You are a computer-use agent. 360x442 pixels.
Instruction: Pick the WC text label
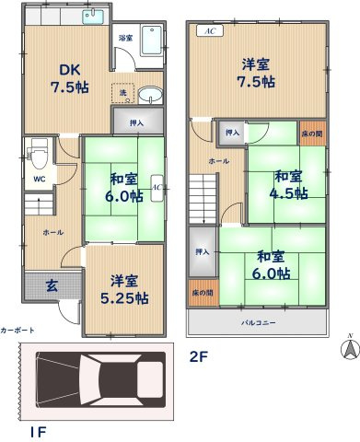point(40,179)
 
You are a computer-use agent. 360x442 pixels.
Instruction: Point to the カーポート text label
point(18,329)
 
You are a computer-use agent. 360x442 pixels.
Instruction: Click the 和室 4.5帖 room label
point(286,183)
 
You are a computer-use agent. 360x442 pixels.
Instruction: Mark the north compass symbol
point(348,348)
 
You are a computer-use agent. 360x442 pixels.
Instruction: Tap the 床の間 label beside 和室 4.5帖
point(311,134)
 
